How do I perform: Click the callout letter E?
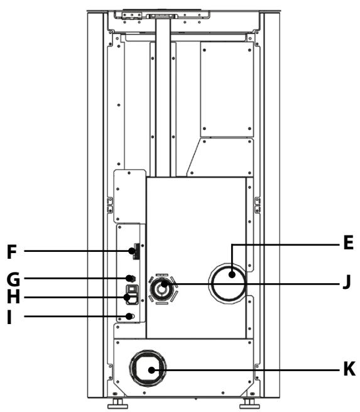point(348,242)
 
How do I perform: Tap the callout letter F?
point(12,252)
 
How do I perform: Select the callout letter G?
point(13,279)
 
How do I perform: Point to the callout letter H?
point(13,297)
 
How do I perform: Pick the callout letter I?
point(9,317)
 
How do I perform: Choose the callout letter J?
point(347,282)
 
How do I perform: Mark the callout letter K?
point(349,369)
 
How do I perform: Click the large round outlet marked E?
point(227,283)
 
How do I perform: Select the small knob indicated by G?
point(130,278)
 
